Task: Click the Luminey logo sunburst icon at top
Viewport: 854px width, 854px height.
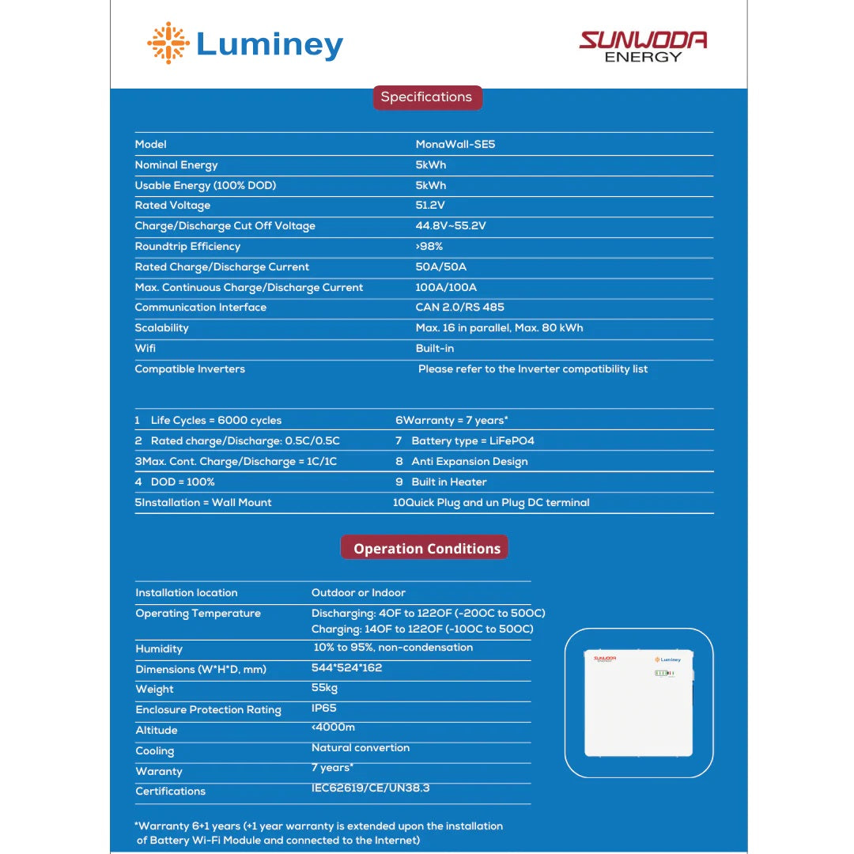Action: [x=168, y=43]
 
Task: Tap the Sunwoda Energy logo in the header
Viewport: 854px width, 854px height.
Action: [x=643, y=46]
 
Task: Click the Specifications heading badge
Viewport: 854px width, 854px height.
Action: [x=426, y=97]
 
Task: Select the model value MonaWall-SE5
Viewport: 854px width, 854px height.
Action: [x=455, y=145]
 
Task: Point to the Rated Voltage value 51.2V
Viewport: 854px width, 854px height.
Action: [x=430, y=206]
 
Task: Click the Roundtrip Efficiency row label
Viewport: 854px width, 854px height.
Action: [x=187, y=247]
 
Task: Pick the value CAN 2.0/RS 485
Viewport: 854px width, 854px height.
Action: [x=459, y=308]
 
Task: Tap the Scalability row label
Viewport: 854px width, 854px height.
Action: [x=161, y=328]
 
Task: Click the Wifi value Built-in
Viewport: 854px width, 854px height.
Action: [x=435, y=349]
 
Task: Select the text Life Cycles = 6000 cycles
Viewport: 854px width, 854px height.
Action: [x=216, y=421]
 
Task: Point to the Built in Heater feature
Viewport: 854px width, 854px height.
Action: [x=449, y=482]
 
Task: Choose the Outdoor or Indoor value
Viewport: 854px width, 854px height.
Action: [x=358, y=593]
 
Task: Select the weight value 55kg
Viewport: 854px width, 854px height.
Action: [x=324, y=688]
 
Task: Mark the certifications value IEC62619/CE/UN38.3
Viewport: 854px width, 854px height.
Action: [x=370, y=788]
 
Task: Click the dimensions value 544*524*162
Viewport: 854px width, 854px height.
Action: [x=346, y=668]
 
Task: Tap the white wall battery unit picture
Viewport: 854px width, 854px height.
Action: [x=639, y=703]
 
